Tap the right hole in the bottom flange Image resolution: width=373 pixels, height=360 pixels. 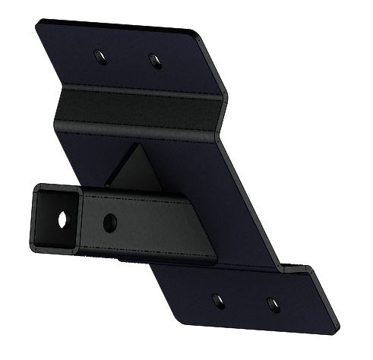[x=271, y=303]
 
